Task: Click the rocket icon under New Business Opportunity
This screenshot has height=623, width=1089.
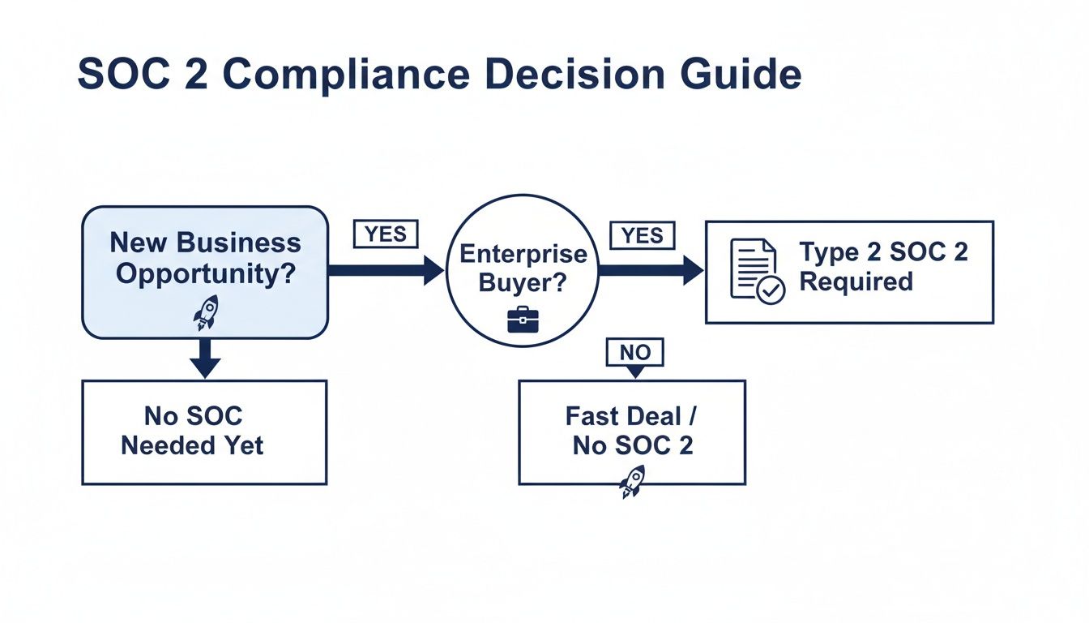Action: [206, 312]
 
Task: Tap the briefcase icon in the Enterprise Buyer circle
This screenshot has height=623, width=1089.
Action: [523, 320]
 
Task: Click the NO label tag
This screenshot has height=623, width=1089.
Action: [635, 353]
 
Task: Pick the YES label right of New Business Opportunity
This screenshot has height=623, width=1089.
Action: [386, 234]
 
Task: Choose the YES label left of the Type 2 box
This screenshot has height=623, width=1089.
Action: [642, 235]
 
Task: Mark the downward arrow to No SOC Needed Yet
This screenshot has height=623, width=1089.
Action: [205, 358]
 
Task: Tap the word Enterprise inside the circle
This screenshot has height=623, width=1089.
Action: [523, 254]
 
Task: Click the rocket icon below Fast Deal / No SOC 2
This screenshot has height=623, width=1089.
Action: [632, 481]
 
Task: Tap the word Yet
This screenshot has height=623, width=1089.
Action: [245, 445]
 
